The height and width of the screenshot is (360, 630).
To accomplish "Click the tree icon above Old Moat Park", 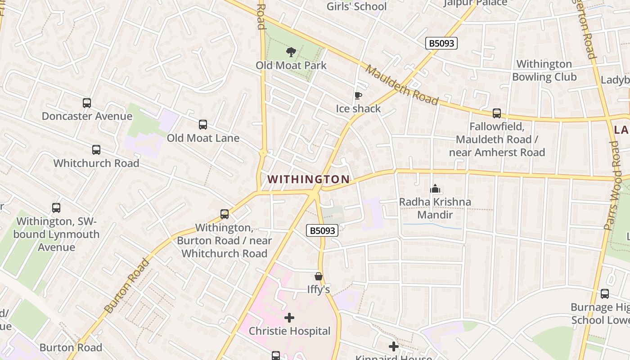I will click(291, 52).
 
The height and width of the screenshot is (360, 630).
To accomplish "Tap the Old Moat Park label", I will click(291, 65).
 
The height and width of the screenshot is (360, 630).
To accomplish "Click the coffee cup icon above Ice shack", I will click(358, 95).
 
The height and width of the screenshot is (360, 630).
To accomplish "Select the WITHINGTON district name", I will click(309, 179).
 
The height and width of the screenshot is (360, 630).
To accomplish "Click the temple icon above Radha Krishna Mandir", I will click(435, 189).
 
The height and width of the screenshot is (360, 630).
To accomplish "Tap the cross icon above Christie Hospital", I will click(289, 318).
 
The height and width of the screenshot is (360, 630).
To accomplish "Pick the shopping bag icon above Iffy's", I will click(319, 276).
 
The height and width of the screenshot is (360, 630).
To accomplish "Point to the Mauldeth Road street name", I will click(401, 85).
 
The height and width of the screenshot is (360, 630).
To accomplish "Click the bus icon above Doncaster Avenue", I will click(87, 103).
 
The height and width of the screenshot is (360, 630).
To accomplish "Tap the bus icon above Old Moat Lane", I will click(203, 125).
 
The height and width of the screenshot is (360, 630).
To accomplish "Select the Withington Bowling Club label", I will click(544, 71).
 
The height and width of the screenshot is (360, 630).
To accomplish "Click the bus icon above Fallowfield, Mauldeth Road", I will click(497, 113).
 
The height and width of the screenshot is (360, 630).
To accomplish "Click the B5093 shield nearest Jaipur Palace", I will click(441, 43).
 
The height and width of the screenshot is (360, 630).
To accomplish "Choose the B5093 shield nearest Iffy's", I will click(322, 230).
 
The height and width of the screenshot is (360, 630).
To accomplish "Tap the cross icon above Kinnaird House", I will click(394, 346).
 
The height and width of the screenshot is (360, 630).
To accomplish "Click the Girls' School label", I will click(356, 6).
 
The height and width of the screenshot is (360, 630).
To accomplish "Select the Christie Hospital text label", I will click(289, 331).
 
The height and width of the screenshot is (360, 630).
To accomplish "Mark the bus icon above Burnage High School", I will click(605, 294).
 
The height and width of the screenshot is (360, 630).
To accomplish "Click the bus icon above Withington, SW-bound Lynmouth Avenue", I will click(56, 208).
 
